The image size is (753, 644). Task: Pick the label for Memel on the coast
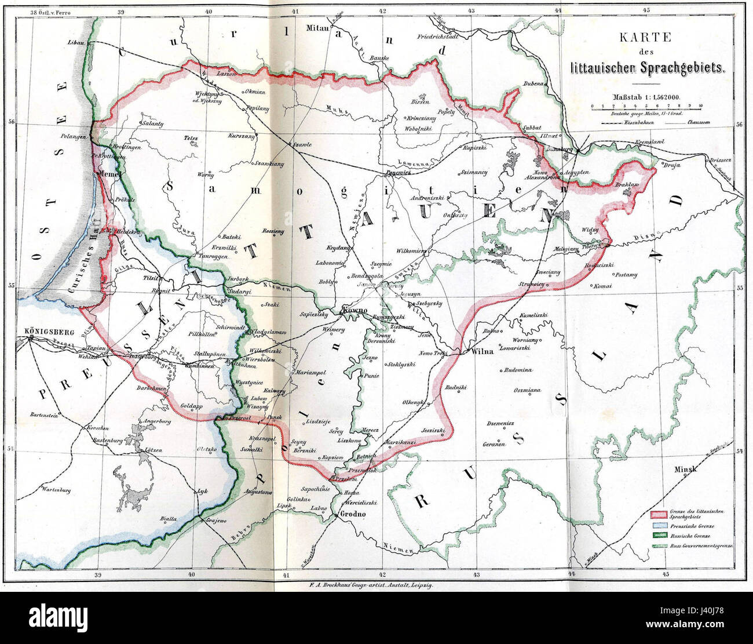(108, 173)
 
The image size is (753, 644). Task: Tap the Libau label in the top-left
(76, 43)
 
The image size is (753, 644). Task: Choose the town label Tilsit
(150, 277)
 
